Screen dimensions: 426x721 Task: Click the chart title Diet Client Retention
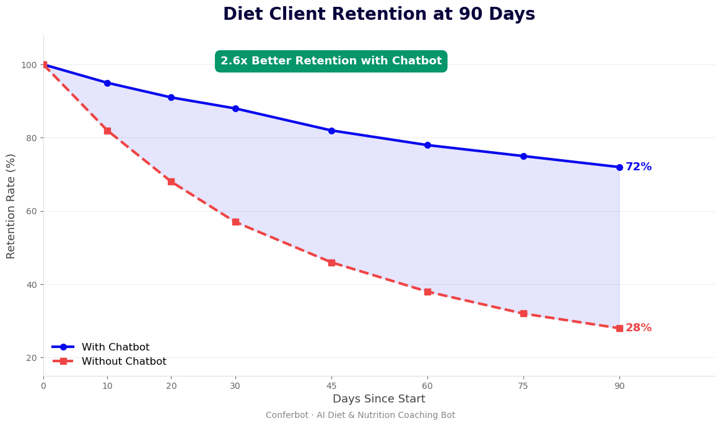(x=378, y=14)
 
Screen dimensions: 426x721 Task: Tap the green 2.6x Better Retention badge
(x=331, y=61)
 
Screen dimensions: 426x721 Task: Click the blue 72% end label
(x=638, y=167)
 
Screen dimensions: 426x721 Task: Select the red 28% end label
(x=638, y=328)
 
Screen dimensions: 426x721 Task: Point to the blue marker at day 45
(x=331, y=131)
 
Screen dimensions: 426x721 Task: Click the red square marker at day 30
(x=235, y=222)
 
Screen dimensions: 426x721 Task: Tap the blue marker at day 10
(x=107, y=83)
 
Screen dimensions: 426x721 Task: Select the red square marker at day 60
(x=427, y=292)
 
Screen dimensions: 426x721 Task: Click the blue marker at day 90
(x=619, y=167)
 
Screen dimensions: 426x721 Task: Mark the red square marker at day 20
(x=171, y=181)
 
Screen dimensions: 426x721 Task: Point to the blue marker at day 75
(x=523, y=156)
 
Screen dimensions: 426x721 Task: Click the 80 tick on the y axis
(x=30, y=138)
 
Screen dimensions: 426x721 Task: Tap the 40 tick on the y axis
(x=30, y=285)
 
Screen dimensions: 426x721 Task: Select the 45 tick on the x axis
(x=331, y=386)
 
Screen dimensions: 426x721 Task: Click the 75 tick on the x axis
(x=523, y=386)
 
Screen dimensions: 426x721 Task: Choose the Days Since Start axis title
(x=378, y=399)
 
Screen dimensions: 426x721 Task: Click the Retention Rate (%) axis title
(x=11, y=206)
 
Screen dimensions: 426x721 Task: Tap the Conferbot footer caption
(x=360, y=415)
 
